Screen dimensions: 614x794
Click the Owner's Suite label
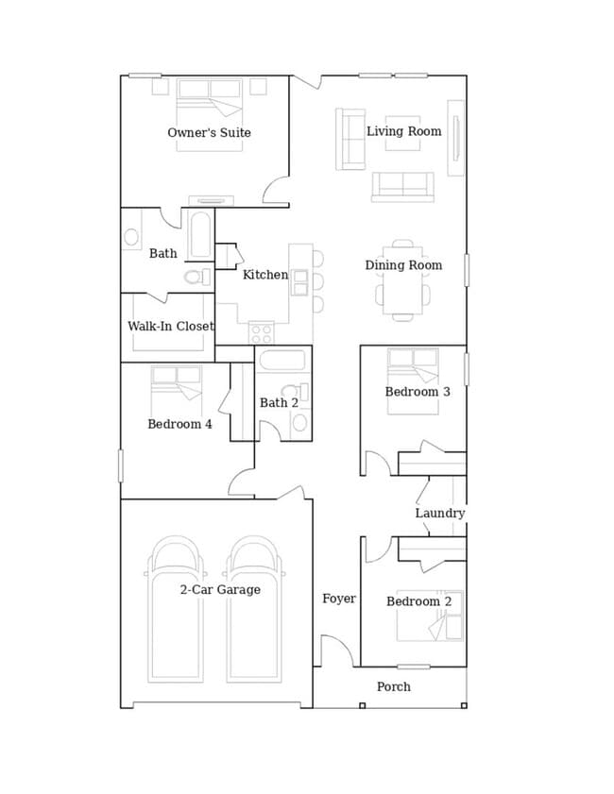pos(209,133)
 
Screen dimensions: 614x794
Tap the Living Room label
pos(403,131)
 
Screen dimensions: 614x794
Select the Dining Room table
pos(402,280)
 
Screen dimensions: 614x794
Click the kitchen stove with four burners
pos(262,333)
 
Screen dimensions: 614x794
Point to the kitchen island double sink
pos(299,283)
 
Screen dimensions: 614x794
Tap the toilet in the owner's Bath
pos(197,277)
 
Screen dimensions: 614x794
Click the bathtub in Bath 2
pos(282,361)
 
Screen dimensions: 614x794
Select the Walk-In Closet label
pos(171,326)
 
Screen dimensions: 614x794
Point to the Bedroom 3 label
pos(418,392)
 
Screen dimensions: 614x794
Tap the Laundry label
pos(440,513)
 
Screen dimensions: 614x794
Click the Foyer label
pos(339,599)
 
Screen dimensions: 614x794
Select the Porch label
pos(394,686)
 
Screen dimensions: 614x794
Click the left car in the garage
pos(176,610)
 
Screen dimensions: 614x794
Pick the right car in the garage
pos(254,610)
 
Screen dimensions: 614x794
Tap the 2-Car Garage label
pos(220,589)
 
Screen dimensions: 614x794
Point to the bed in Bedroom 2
pos(430,616)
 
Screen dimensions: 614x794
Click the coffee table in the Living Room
pos(402,133)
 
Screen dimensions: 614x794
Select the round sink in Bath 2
pos(299,423)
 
